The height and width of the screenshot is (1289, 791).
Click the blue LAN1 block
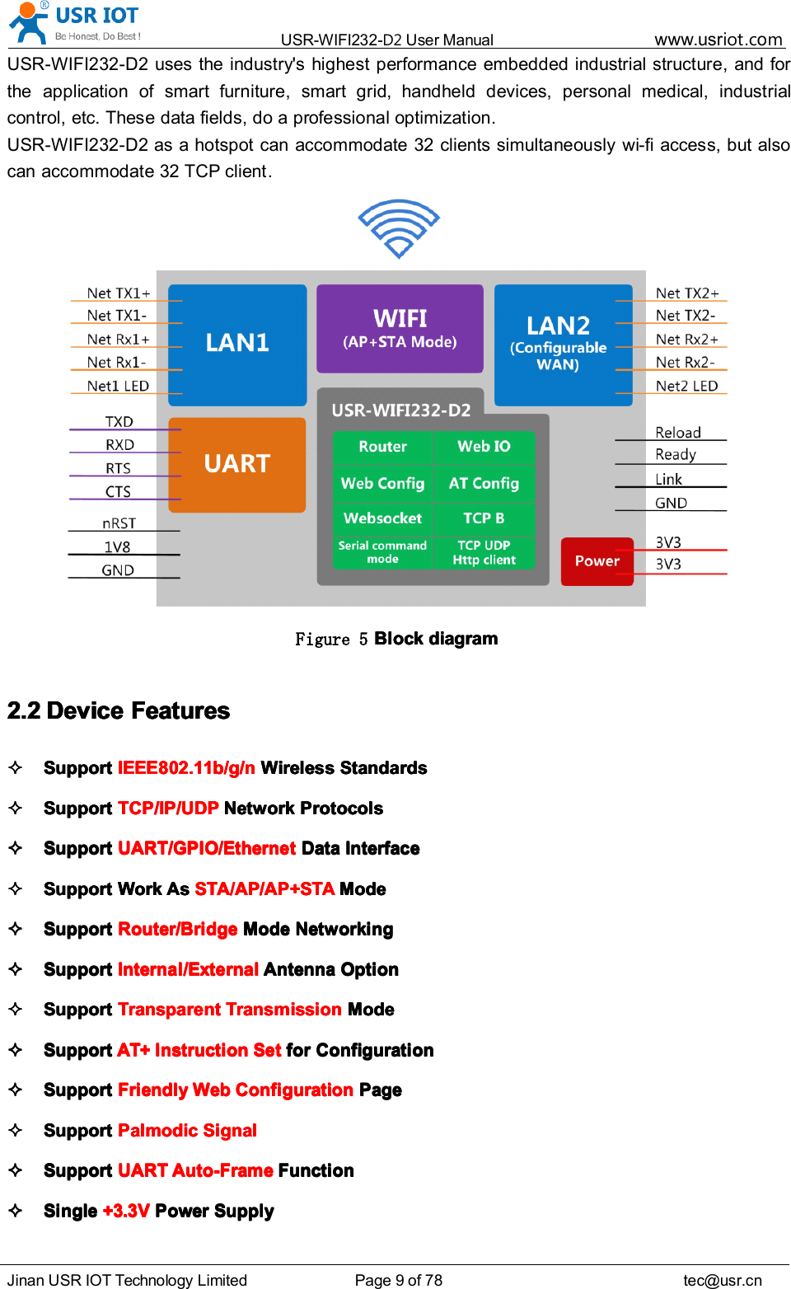(237, 344)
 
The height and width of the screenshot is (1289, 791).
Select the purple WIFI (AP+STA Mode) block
(400, 328)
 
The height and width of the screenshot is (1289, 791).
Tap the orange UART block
(237, 464)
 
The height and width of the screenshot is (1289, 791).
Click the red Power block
(597, 561)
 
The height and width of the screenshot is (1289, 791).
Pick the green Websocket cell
(382, 518)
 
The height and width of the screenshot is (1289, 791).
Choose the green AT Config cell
(484, 484)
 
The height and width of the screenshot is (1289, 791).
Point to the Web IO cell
(484, 447)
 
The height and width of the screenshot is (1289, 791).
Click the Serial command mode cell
(382, 552)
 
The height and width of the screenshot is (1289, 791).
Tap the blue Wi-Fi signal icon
(399, 228)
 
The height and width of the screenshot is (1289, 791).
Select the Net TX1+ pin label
(119, 293)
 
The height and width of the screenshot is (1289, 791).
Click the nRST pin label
(119, 523)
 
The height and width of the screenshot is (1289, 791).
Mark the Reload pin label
(677, 433)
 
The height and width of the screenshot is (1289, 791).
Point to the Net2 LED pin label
(686, 387)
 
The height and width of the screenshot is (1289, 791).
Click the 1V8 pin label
(117, 547)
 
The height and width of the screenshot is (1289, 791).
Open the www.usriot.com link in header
(718, 40)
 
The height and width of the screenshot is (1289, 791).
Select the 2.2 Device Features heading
(119, 710)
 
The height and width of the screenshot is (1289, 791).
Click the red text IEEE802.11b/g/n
(186, 768)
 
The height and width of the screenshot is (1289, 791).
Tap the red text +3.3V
(126, 1211)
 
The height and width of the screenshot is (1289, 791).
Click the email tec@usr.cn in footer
(722, 1280)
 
